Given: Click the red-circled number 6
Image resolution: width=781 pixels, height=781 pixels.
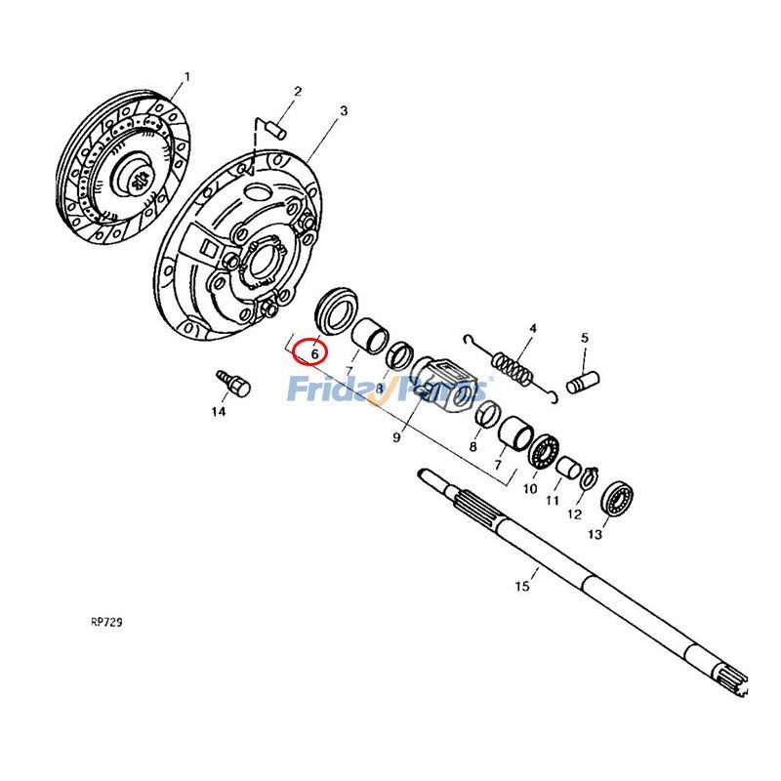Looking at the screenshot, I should coord(314,351).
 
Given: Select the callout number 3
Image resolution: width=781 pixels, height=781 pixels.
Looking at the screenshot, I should coord(343,112).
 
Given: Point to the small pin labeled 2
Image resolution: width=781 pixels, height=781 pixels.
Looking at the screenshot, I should coord(274,125).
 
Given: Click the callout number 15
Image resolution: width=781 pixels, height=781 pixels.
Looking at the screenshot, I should coord(522,586).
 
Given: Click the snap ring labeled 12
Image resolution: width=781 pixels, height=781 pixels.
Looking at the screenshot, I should coord(592,477).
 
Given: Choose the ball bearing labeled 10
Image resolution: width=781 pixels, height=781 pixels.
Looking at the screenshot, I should coord(544,450).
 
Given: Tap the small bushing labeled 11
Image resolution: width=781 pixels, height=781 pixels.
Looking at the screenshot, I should coord(569,465).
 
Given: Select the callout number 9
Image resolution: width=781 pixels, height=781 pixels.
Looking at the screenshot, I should coord(397,438).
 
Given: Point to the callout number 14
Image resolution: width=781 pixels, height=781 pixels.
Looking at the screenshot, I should coord(217,412).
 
